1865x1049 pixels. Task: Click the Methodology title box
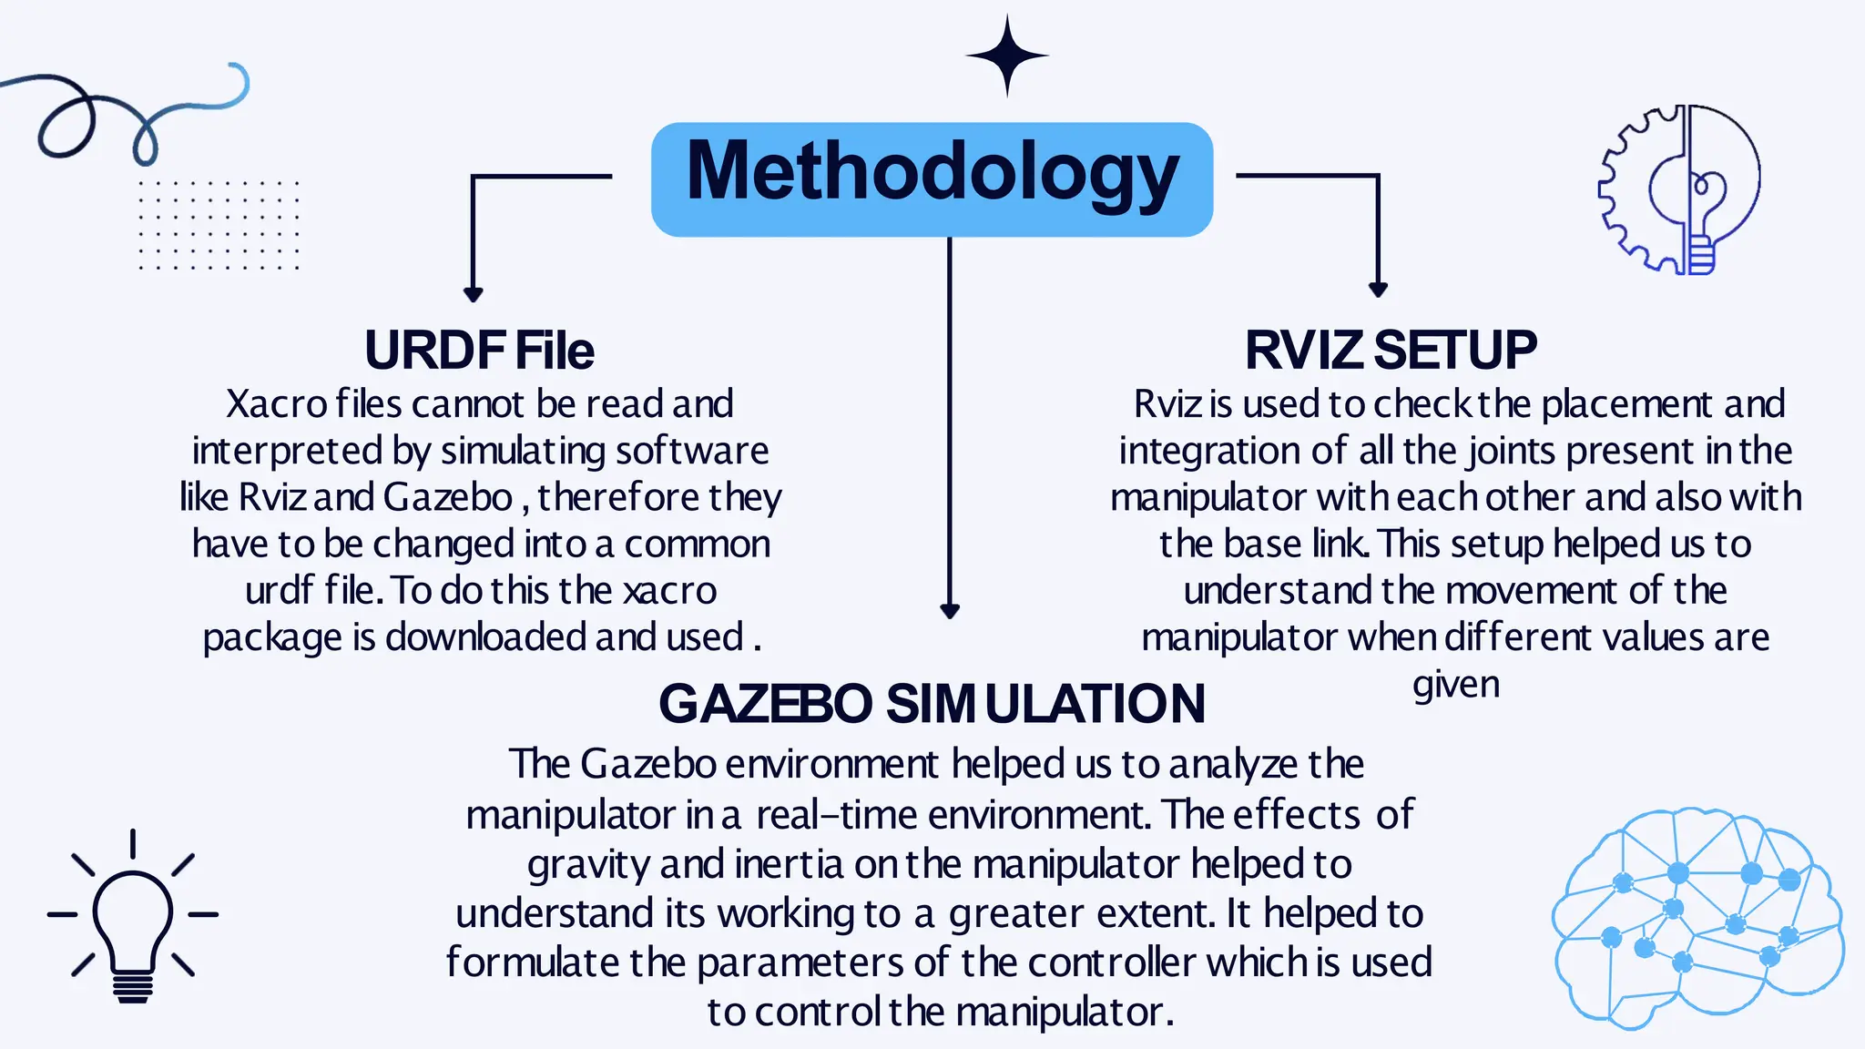[x=932, y=178]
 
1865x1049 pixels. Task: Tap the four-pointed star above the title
[x=1007, y=56]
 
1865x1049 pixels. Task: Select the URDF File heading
[x=479, y=351]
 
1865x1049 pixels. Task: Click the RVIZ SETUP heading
[x=1391, y=351]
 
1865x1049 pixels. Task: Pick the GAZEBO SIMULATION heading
[x=932, y=704]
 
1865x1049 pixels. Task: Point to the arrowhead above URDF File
[x=473, y=293]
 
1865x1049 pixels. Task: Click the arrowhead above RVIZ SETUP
[x=1378, y=289]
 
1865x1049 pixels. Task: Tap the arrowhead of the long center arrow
[x=950, y=610]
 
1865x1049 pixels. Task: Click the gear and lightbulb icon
[x=1680, y=189]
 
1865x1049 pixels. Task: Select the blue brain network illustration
[x=1697, y=918]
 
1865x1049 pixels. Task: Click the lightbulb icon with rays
[x=133, y=918]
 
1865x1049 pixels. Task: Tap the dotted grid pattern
[x=219, y=225]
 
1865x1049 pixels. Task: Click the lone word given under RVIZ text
[x=1455, y=685]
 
